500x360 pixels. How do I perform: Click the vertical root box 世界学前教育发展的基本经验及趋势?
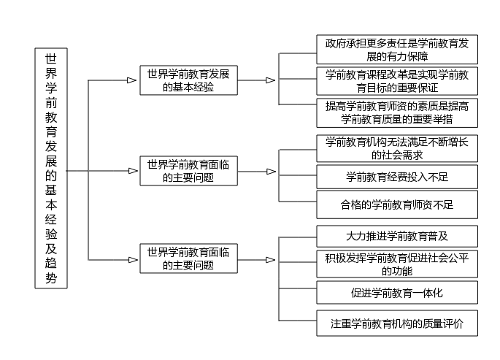coord(51,169)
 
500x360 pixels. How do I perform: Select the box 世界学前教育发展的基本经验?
coord(189,80)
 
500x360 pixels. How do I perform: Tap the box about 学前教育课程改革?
coord(397,81)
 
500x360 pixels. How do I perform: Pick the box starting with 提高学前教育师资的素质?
coord(397,112)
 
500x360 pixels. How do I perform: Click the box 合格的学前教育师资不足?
coord(397,204)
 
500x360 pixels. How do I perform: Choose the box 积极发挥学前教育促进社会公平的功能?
coord(397,264)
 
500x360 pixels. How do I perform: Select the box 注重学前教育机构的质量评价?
coord(397,323)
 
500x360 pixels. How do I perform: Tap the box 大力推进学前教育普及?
coord(397,237)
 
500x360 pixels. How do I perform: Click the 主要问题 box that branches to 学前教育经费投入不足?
coord(189,171)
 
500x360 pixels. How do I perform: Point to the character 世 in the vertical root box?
coord(51,58)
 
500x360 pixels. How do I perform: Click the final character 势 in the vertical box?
coord(51,278)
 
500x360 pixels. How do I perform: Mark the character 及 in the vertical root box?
coord(51,249)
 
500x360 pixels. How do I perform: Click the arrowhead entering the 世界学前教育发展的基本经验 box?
coord(131,80)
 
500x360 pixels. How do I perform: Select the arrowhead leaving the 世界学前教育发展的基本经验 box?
coord(270,80)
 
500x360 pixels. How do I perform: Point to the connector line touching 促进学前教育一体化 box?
coord(298,288)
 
